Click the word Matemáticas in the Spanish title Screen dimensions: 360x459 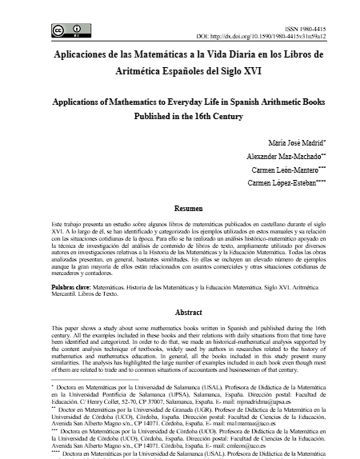click(x=169, y=58)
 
